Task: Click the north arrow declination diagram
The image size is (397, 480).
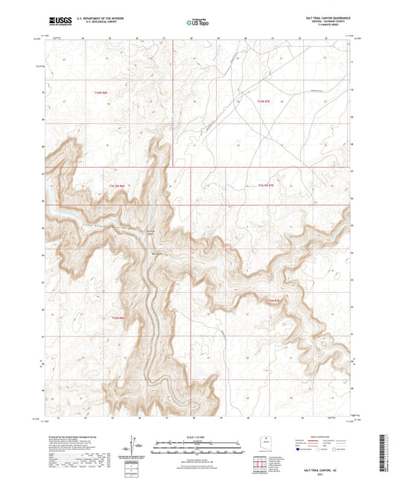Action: click(137, 448)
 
